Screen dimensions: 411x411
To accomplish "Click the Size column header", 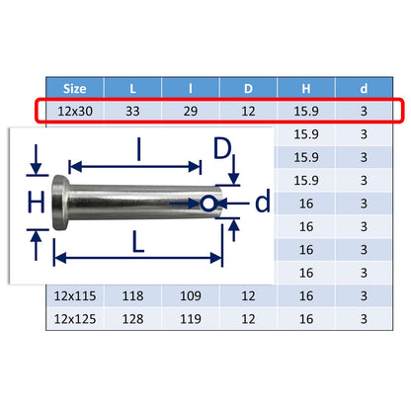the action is pos(75,89).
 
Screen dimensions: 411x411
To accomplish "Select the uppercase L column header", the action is pos(132,89).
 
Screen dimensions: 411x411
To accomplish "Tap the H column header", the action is pos(306,89).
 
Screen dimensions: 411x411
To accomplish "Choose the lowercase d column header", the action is pos(364,89).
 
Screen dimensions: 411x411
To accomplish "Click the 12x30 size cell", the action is pos(75,112).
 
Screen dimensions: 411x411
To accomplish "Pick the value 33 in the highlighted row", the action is pos(132,112).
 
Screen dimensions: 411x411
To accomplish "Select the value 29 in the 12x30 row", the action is pos(191,112).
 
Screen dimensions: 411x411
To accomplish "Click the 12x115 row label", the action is pos(75,295).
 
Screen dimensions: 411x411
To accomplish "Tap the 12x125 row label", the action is pos(75,319).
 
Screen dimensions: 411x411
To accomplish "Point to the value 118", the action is pos(132,295).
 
